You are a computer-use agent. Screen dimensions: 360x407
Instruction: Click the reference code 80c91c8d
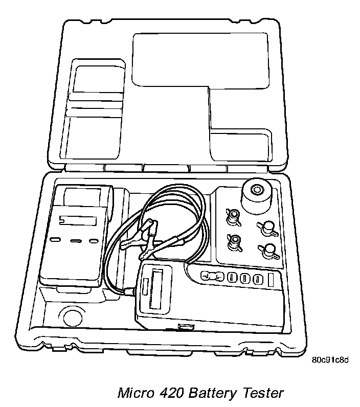point(330,360)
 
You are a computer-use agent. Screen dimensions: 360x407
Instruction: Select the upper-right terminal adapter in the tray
point(267,229)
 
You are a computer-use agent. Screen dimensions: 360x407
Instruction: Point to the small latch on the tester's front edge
point(185,326)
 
